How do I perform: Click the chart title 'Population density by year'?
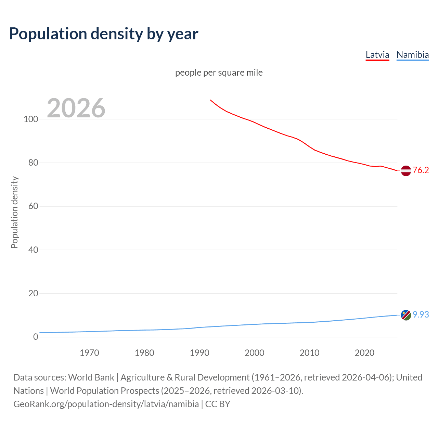(x=104, y=34)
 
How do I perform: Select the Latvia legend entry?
(x=377, y=55)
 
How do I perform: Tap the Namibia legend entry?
(x=412, y=55)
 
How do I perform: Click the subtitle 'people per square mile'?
(x=219, y=73)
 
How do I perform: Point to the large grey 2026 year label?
(x=76, y=108)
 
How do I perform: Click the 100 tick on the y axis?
(x=31, y=119)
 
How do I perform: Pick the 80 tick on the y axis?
(x=33, y=163)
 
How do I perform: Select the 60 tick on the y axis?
(x=33, y=206)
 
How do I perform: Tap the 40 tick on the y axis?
(x=33, y=250)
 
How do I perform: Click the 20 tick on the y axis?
(x=33, y=293)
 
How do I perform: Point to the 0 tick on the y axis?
(x=36, y=337)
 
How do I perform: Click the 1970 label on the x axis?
(x=89, y=353)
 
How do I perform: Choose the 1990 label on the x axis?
(x=199, y=353)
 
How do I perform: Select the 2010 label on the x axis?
(x=309, y=353)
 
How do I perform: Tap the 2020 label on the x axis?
(x=364, y=353)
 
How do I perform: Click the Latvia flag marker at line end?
(x=406, y=170)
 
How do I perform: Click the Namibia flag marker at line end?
(x=406, y=315)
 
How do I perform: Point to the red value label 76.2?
(x=421, y=170)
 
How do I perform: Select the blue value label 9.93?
(x=421, y=315)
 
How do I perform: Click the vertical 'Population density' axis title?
(x=14, y=212)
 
